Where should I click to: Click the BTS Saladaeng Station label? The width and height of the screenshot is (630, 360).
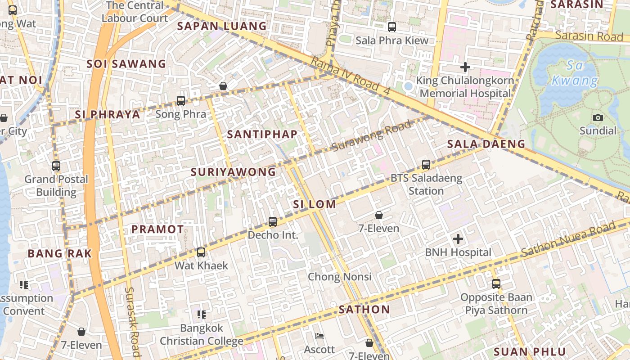click(x=426, y=184)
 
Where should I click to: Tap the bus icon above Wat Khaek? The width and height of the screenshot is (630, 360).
click(x=201, y=252)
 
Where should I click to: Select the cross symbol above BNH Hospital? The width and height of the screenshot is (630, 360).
click(x=458, y=239)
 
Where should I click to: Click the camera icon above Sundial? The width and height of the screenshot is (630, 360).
click(x=598, y=118)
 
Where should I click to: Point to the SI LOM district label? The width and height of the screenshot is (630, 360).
click(x=315, y=204)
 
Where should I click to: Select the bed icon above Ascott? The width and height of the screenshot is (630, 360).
click(x=319, y=336)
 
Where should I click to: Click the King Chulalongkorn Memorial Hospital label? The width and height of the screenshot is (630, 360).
click(x=465, y=87)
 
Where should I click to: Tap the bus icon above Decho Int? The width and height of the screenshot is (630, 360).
click(x=273, y=222)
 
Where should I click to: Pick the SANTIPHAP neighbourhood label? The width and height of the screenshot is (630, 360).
click(x=262, y=134)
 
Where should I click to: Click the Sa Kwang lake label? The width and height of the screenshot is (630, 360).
click(x=575, y=73)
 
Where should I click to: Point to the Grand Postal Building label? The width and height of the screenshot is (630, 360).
click(x=56, y=185)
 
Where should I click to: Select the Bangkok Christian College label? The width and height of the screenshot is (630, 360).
click(x=202, y=334)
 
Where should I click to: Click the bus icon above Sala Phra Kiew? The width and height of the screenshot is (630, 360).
click(x=392, y=27)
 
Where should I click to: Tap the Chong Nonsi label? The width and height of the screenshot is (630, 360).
click(x=340, y=276)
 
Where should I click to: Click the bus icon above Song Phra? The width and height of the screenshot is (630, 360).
click(x=181, y=101)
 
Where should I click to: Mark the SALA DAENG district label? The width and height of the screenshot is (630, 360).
click(x=486, y=144)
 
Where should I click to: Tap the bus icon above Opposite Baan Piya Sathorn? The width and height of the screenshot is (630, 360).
click(x=496, y=284)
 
